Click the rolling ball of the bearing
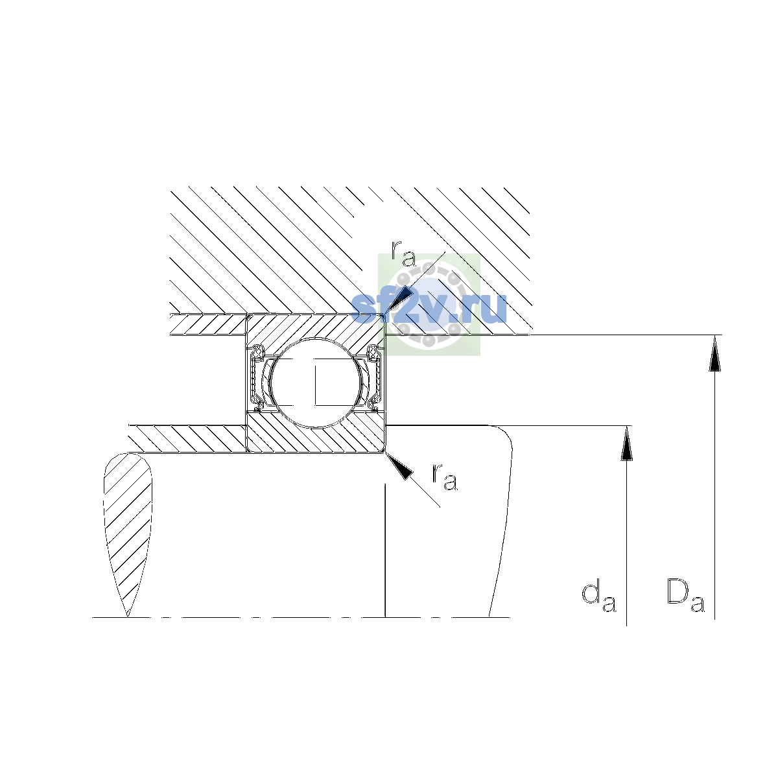[316, 383]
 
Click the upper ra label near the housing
[403, 253]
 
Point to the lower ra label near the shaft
[445, 477]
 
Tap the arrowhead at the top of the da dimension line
[626, 443]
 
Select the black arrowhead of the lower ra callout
[399, 466]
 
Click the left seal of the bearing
[257, 378]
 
